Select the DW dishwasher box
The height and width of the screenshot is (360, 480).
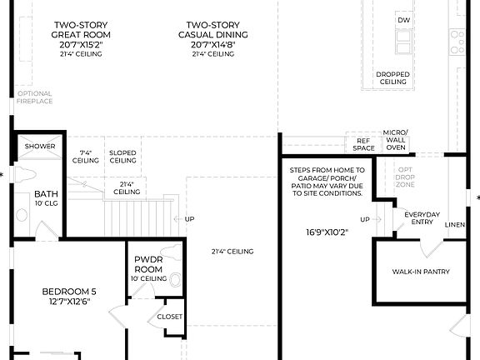[404, 20]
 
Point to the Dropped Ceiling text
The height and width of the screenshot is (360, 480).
[393, 78]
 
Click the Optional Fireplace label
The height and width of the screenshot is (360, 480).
[35, 97]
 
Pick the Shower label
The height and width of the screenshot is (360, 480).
[40, 146]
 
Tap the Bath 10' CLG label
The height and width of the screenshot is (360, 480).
[46, 197]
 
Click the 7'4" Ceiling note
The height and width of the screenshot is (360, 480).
[85, 157]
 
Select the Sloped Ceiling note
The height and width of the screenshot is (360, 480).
[122, 157]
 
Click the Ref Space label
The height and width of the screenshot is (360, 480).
[363, 145]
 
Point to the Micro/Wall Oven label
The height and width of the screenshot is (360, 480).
[395, 141]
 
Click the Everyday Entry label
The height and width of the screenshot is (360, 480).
[422, 218]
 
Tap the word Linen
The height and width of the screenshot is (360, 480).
[455, 225]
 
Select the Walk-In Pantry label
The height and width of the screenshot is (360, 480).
[421, 272]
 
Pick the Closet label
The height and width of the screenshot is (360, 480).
[170, 317]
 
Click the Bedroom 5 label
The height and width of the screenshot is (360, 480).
[70, 296]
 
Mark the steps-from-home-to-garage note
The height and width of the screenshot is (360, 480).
[326, 182]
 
